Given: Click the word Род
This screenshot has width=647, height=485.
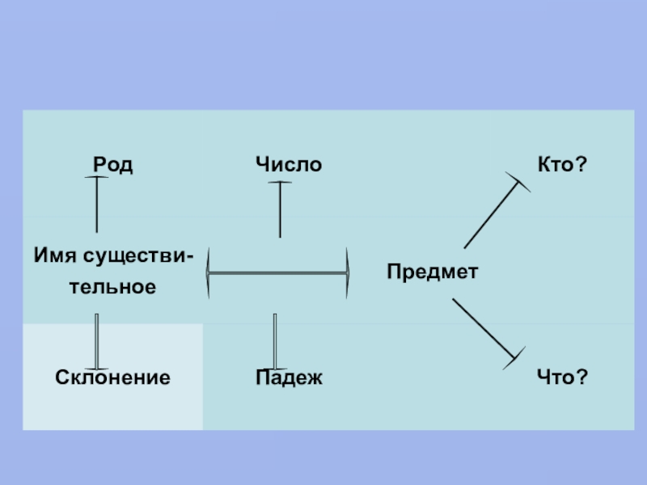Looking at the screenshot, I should (112, 166).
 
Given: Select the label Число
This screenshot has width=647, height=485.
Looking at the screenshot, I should (289, 166).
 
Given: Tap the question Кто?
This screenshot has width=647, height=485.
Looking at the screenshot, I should (561, 165).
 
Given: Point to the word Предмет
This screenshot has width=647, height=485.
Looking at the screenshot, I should (432, 272).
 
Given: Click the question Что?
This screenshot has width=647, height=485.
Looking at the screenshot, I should (561, 377).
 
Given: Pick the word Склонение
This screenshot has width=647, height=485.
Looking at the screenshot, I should (112, 377).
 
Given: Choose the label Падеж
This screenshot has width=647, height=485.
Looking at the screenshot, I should (289, 377).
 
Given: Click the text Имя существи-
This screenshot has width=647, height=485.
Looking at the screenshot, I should (113, 257).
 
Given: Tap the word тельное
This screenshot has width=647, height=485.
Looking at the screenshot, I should (112, 287).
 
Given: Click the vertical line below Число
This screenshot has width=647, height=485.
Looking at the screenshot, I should (280, 209).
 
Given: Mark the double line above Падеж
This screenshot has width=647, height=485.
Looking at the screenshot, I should (275, 341).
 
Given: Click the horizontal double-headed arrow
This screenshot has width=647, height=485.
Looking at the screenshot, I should (278, 274).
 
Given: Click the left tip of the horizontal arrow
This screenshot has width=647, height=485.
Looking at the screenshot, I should (208, 274).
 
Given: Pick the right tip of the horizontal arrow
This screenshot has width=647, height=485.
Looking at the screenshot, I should (349, 274).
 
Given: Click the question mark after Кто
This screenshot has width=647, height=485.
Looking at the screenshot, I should (581, 165).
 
